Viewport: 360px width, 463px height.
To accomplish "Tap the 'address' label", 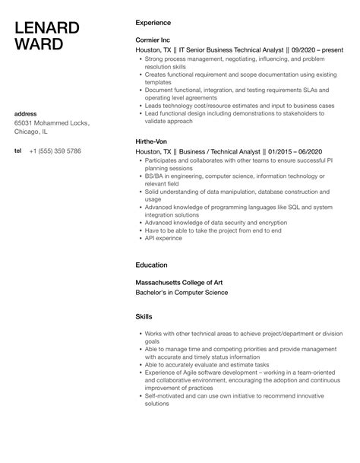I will [x=27, y=114].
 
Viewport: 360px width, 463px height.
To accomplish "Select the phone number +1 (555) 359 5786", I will [x=55, y=151].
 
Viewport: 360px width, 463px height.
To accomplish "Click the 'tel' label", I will [x=17, y=151].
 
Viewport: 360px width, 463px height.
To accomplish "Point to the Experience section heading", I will [x=153, y=23].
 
